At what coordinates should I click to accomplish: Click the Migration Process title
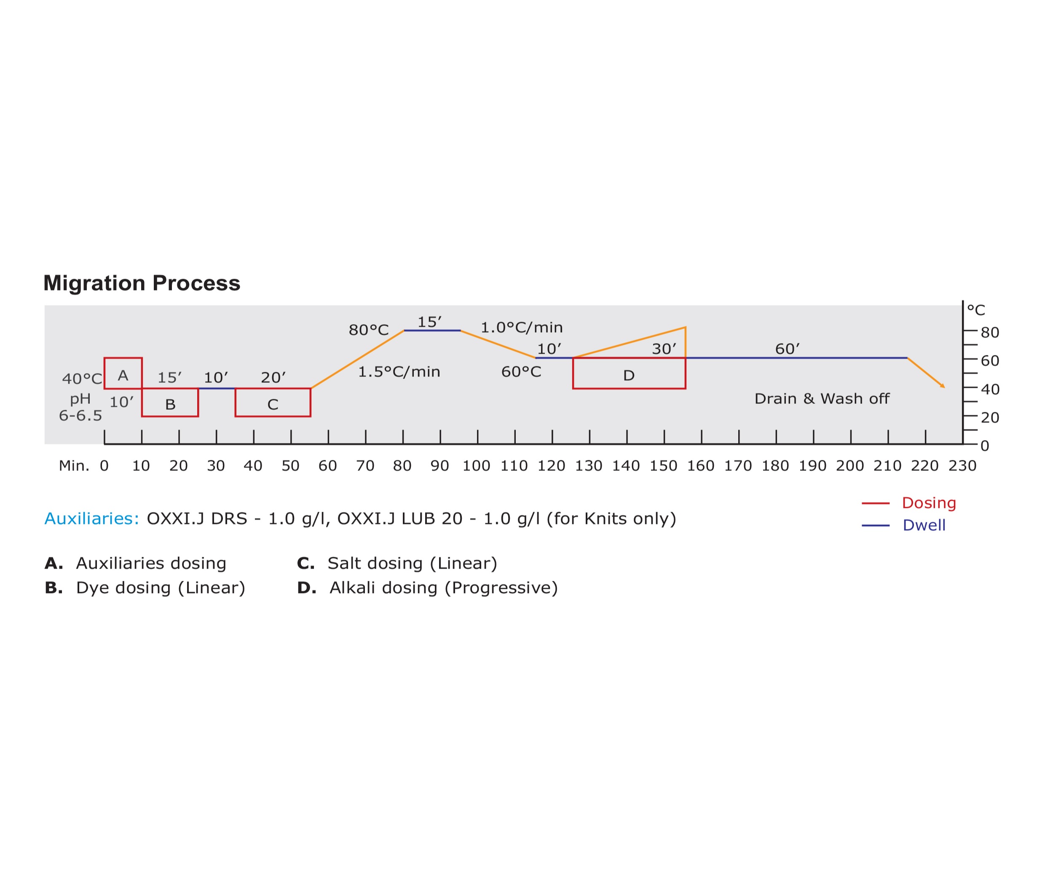click(142, 283)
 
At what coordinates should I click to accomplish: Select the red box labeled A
click(123, 373)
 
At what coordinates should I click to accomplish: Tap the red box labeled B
click(170, 403)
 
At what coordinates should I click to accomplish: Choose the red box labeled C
click(273, 403)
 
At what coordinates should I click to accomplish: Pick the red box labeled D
click(629, 373)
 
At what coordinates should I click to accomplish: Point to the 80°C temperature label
click(368, 330)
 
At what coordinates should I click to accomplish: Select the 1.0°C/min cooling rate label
click(521, 328)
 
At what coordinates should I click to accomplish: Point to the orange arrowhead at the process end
click(943, 386)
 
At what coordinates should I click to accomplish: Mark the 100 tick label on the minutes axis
click(476, 466)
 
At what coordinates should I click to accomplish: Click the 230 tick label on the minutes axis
click(962, 466)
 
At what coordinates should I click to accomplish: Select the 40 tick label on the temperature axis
click(989, 389)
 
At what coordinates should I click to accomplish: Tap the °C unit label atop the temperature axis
click(976, 310)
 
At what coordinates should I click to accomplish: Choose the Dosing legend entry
click(929, 503)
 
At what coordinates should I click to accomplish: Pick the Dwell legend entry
click(924, 525)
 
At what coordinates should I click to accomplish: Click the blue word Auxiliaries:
click(92, 519)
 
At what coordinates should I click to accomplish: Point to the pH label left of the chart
click(80, 400)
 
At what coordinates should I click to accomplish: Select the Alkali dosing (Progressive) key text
click(443, 588)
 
